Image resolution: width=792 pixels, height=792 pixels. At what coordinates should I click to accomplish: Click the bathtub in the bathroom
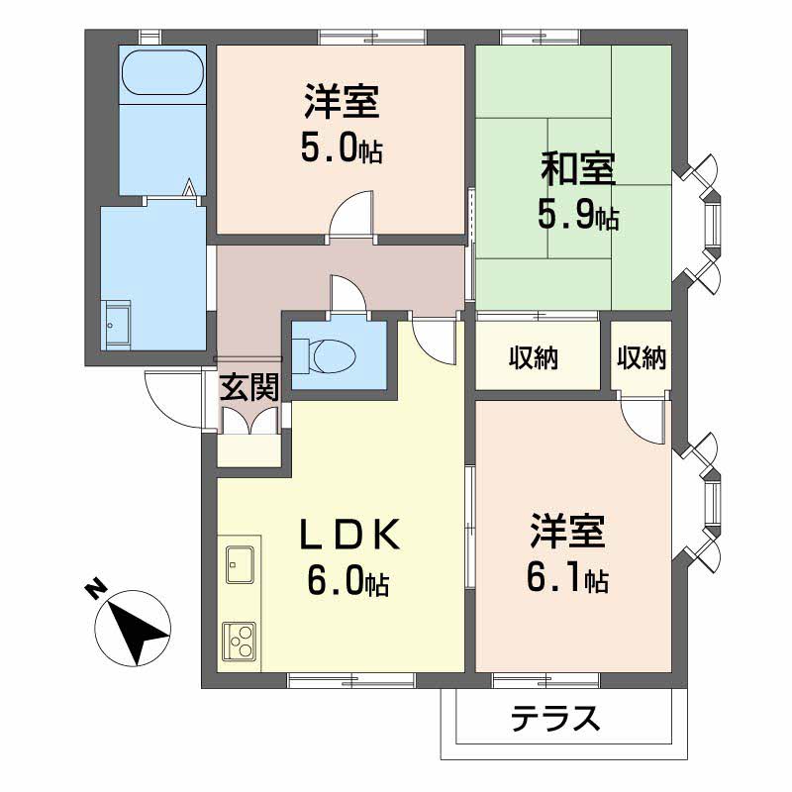tap(162, 72)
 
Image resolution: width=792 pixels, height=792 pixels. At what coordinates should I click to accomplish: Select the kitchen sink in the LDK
tap(241, 564)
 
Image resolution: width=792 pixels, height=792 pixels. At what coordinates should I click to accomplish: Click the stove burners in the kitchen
tap(240, 641)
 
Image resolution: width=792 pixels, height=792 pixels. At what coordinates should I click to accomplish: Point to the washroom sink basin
tap(116, 324)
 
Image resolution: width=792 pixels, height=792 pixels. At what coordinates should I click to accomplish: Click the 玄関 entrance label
tap(249, 387)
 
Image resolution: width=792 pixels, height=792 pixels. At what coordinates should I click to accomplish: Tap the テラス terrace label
tap(555, 718)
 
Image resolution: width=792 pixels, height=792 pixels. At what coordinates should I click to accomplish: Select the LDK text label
tap(350, 535)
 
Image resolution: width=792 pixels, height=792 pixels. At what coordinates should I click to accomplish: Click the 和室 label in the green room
tap(578, 168)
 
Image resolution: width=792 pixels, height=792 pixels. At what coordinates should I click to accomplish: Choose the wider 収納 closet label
tap(534, 357)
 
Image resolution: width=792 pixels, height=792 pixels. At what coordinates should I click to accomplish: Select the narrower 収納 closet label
tap(642, 357)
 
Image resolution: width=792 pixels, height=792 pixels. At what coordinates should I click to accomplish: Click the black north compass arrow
tap(138, 632)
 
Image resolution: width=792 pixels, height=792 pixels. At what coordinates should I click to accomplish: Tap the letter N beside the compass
tap(95, 589)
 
